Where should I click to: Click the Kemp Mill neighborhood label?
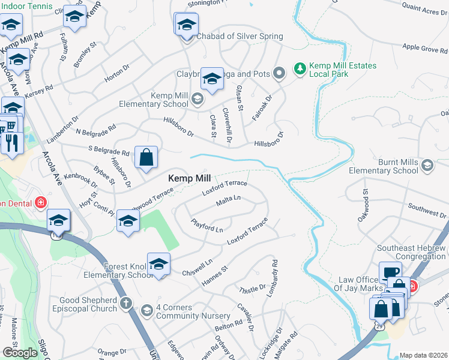coord(189,179)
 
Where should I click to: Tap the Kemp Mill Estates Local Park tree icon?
coord(300,70)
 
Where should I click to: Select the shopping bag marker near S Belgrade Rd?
coord(146,158)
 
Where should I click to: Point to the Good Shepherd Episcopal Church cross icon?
coord(126,304)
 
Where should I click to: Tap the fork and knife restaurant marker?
coord(12,142)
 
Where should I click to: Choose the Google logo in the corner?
coord(20,352)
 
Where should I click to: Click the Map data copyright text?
coord(423,355)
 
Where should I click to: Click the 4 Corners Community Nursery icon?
coord(146,310)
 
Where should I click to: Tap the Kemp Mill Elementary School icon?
coord(197,98)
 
